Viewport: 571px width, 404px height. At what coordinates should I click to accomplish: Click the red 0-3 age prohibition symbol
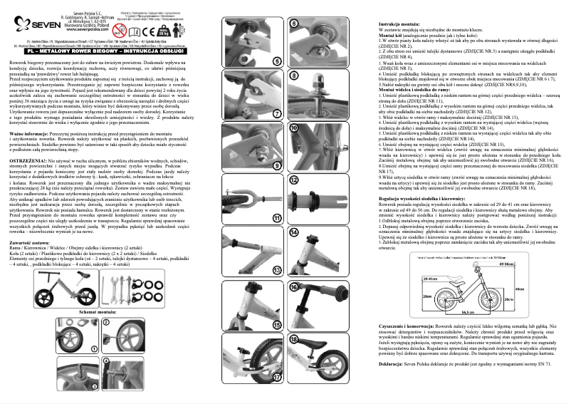123,32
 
